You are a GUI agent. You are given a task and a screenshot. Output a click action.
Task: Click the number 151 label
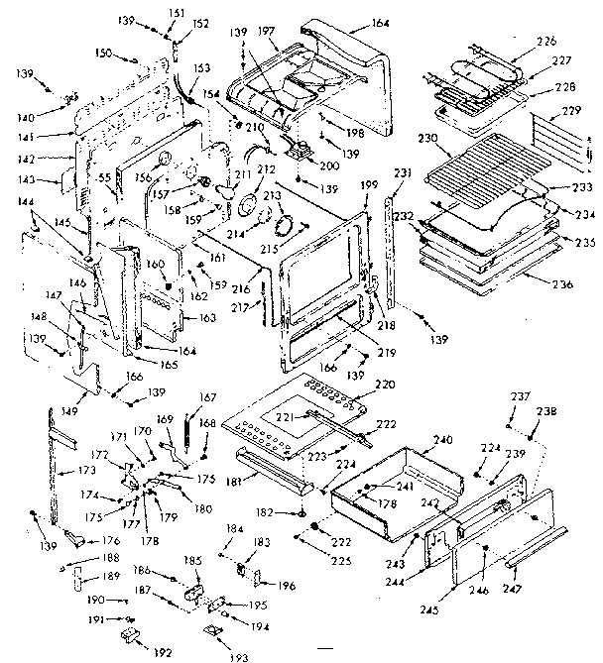(x=177, y=12)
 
